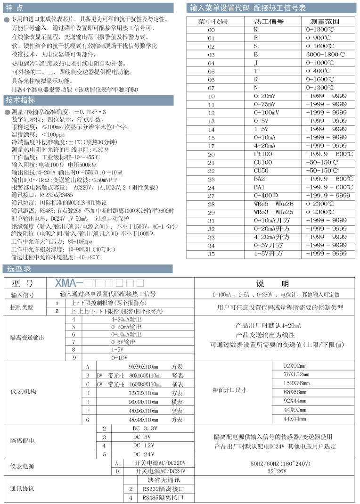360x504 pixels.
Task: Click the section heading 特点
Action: pyautogui.click(x=14, y=8)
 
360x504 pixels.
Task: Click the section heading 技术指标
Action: pyautogui.click(x=20, y=100)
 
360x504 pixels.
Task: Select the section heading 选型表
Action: pyautogui.click(x=19, y=269)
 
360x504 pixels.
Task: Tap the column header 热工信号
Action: pyautogui.click(x=269, y=22)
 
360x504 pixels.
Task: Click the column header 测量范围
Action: pyautogui.click(x=325, y=22)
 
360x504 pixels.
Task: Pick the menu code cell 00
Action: pyautogui.click(x=211, y=30)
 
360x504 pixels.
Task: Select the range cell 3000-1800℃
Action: pyautogui.click(x=325, y=54)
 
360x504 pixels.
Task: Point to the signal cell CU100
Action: pyautogui.click(x=263, y=162)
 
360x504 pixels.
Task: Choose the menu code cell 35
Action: pyautogui.click(x=211, y=254)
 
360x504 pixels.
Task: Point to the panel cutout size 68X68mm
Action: pyautogui.click(x=295, y=392)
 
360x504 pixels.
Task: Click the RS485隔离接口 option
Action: pyautogui.click(x=163, y=497)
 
